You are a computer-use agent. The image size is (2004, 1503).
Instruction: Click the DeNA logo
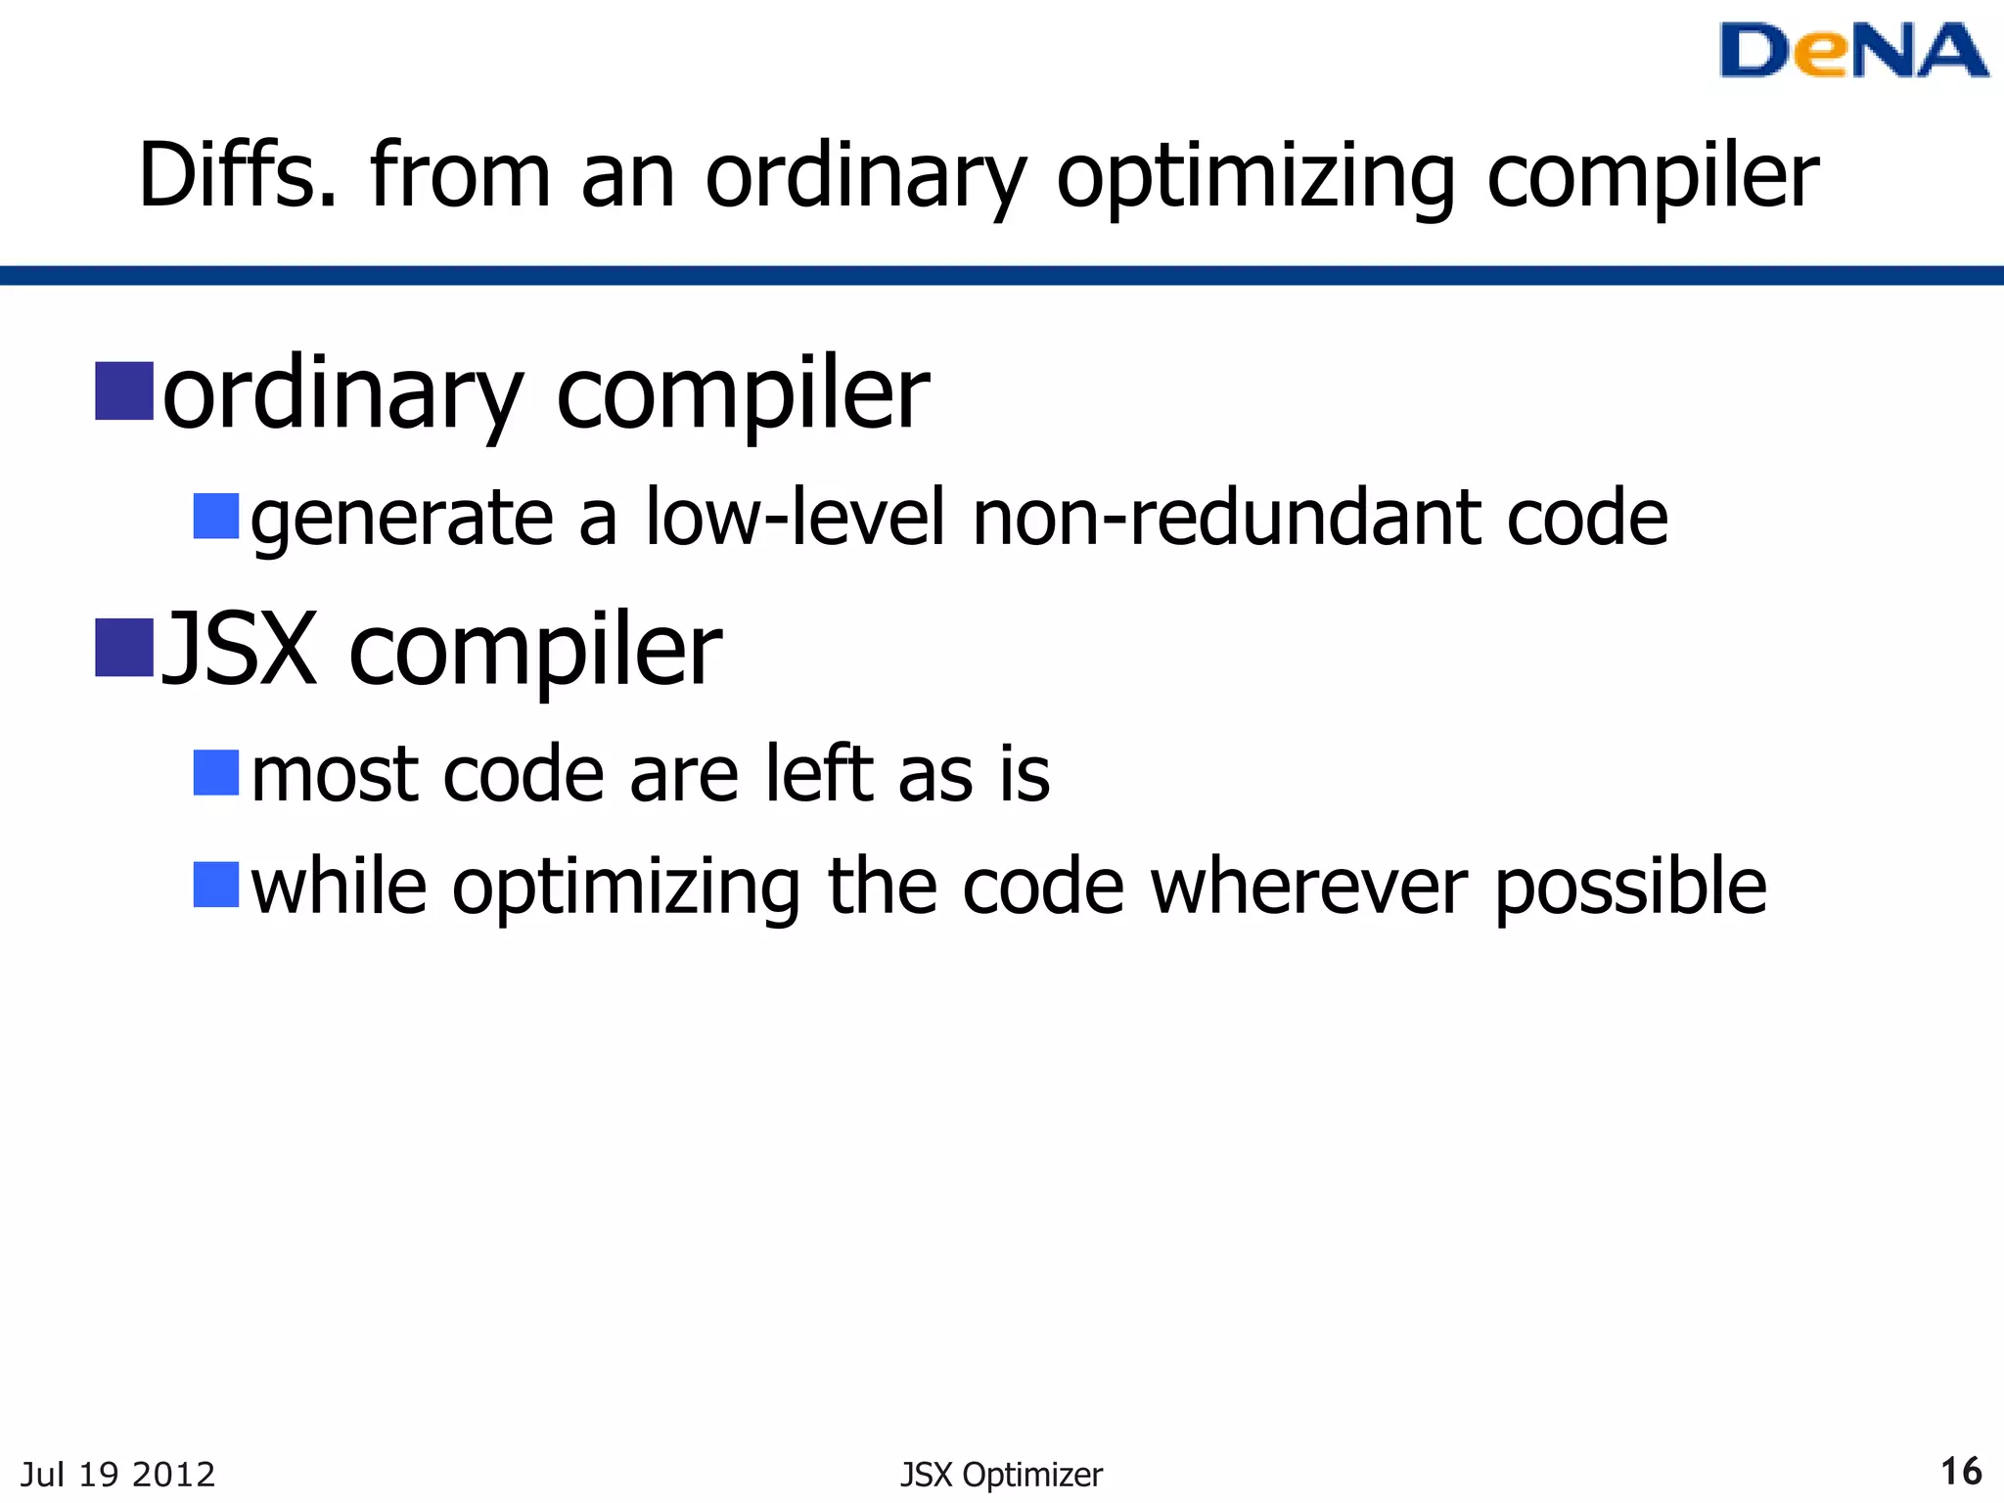click(1852, 51)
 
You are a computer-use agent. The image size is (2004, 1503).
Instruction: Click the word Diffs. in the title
click(238, 176)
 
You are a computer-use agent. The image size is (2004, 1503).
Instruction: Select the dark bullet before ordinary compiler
click(124, 390)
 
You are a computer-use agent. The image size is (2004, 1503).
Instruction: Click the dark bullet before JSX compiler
click(124, 647)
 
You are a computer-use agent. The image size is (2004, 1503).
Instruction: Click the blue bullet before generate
click(216, 516)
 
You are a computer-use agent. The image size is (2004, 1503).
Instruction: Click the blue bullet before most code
click(216, 772)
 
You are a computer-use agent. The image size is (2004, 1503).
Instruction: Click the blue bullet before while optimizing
click(216, 885)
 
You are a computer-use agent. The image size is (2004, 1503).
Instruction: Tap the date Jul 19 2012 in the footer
click(117, 1474)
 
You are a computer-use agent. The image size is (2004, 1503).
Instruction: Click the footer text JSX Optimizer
click(1001, 1474)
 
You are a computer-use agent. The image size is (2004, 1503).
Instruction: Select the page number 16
click(1960, 1471)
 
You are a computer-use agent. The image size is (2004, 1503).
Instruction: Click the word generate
click(402, 519)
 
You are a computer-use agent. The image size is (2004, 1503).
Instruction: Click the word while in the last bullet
click(339, 887)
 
